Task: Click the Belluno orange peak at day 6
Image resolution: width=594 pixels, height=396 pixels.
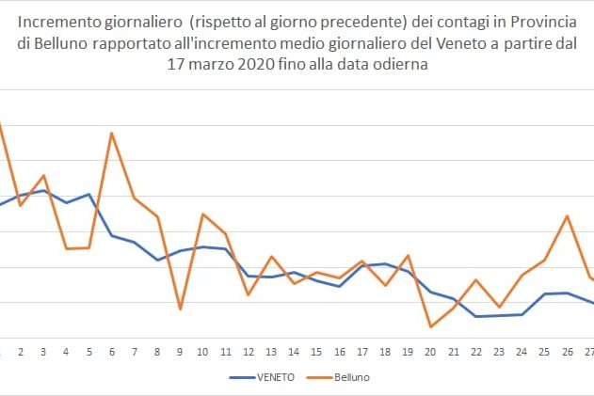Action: tap(112, 133)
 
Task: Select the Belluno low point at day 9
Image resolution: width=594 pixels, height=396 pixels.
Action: tap(180, 309)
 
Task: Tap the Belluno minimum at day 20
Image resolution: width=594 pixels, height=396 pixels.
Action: tap(430, 327)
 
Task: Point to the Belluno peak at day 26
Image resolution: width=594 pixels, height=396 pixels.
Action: tap(567, 216)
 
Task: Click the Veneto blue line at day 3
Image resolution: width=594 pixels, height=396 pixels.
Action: tap(43, 191)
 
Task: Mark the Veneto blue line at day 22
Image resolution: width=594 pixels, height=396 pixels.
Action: tap(476, 316)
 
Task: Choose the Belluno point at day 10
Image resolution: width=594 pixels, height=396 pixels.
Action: tap(202, 214)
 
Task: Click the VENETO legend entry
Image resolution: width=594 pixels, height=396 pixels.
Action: tap(263, 376)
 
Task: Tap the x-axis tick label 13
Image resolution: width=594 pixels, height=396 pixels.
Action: tap(271, 352)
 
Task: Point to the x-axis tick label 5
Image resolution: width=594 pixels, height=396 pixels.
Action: tap(89, 352)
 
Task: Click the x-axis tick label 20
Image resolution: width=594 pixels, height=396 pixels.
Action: tap(430, 352)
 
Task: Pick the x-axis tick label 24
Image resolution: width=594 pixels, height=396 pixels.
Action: tap(522, 352)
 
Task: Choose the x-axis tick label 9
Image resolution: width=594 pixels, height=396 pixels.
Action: tap(180, 352)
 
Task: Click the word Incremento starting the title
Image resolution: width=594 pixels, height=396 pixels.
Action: tap(61, 21)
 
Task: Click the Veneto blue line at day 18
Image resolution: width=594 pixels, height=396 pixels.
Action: tap(385, 264)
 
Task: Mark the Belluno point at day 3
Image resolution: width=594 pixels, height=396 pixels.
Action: tap(43, 176)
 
